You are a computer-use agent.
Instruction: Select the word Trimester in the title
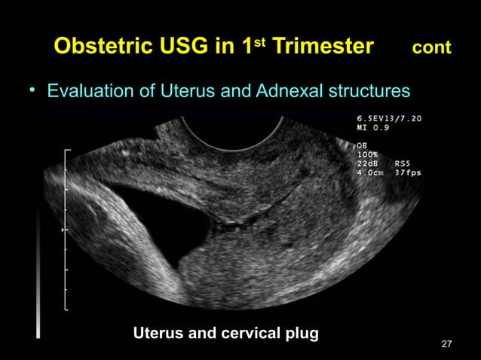[323, 47]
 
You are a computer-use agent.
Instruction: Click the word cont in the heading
[431, 47]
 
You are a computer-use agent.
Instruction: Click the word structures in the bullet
[366, 92]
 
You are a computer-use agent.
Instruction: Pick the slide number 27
[446, 344]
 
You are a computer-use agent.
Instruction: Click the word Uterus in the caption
[158, 332]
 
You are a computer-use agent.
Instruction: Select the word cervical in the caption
[249, 332]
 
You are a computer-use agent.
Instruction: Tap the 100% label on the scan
[367, 154]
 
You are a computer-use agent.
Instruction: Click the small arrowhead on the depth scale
[63, 227]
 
